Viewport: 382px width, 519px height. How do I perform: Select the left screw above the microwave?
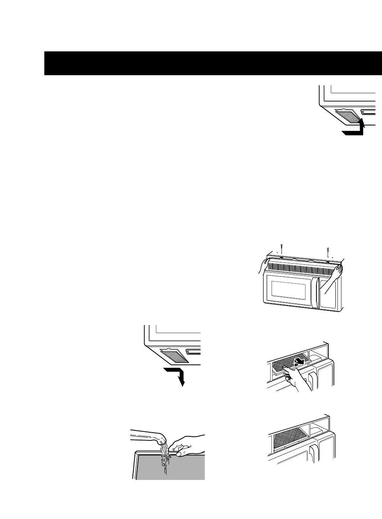pyautogui.click(x=282, y=248)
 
